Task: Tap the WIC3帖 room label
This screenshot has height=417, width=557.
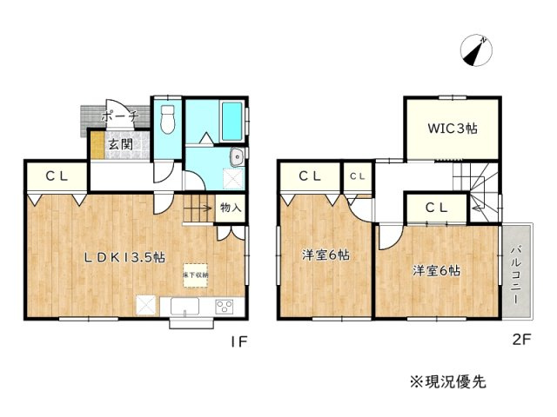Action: pyautogui.click(x=452, y=129)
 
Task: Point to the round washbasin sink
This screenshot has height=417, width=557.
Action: pyautogui.click(x=236, y=156)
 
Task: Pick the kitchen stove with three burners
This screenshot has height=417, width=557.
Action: pyautogui.click(x=225, y=307)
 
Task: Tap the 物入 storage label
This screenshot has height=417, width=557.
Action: pyautogui.click(x=230, y=208)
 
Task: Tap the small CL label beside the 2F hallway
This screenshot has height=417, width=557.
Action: pyautogui.click(x=357, y=176)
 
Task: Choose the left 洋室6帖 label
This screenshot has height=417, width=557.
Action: pyautogui.click(x=325, y=255)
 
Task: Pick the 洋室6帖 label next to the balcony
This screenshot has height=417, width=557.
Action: pyautogui.click(x=436, y=270)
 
